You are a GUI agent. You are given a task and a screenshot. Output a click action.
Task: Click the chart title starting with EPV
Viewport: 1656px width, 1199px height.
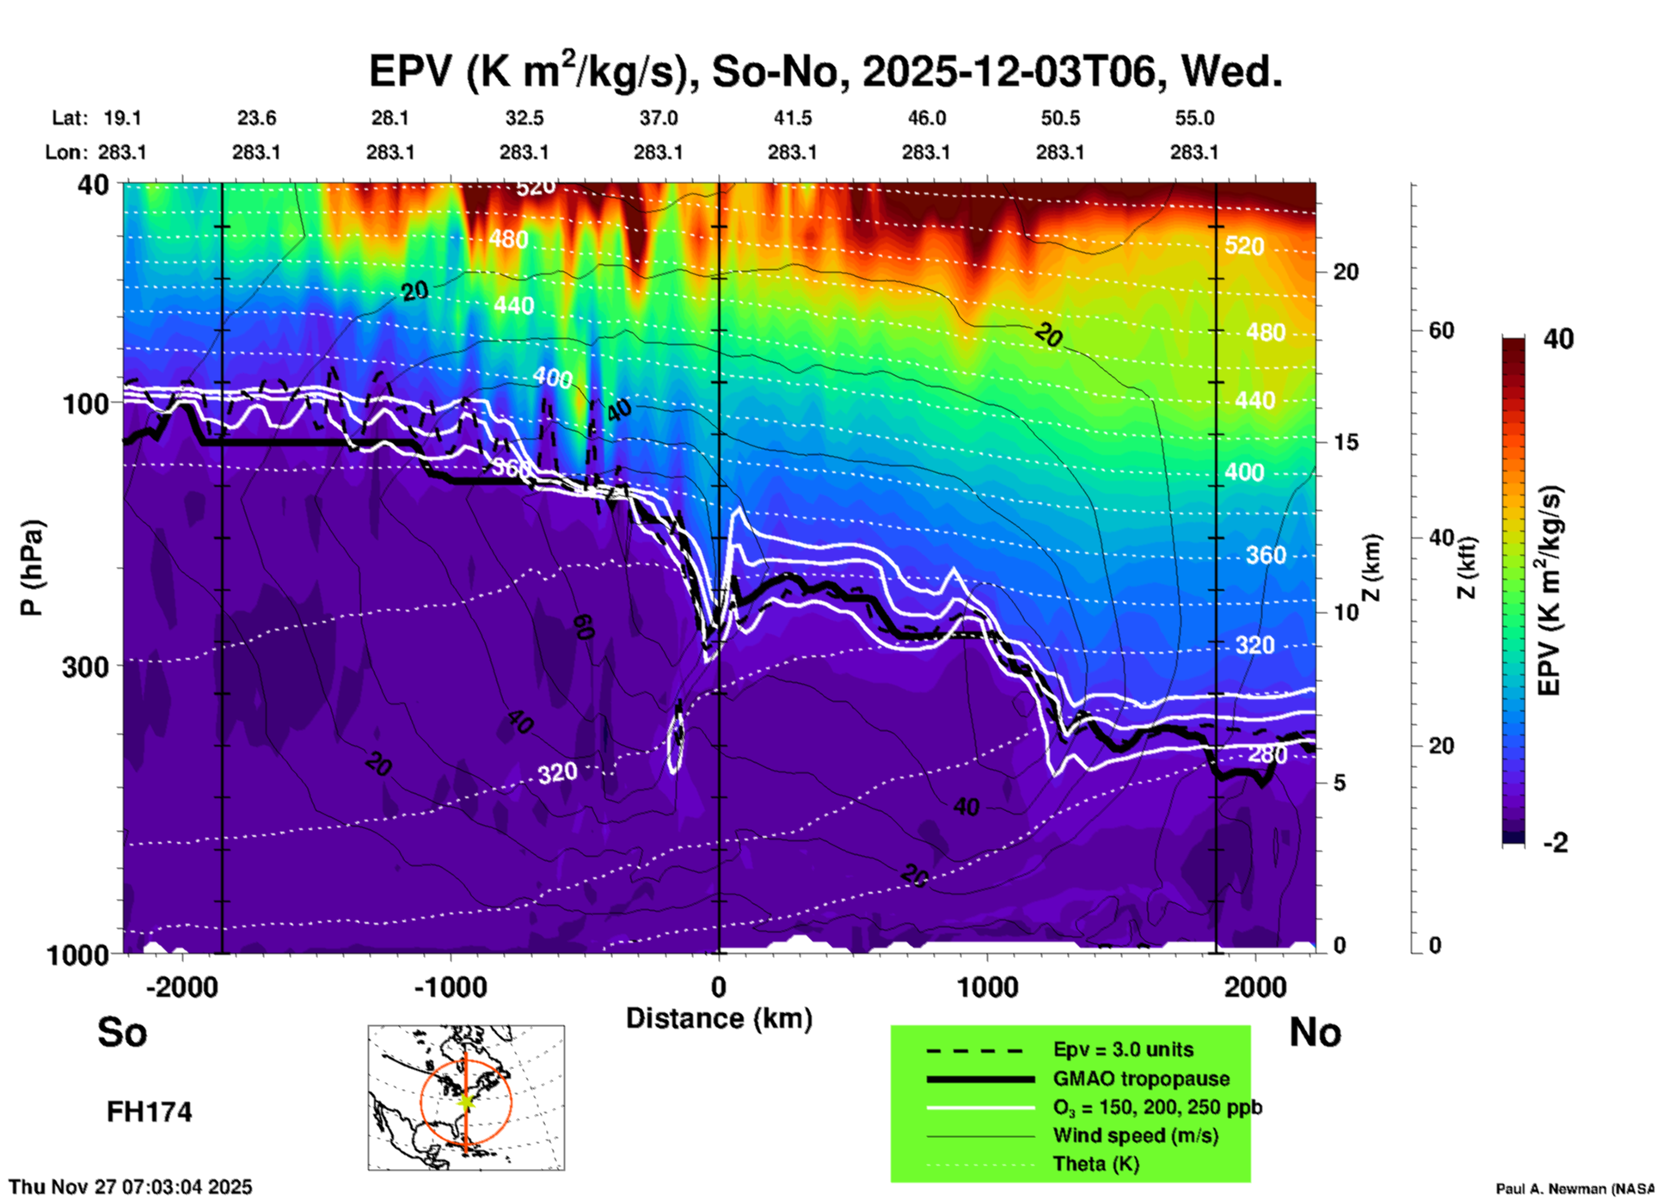point(825,71)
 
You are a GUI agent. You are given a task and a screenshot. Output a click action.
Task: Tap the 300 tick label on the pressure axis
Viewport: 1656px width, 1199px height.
point(85,667)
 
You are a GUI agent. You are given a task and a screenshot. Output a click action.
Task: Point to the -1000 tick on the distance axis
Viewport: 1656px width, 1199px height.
point(451,987)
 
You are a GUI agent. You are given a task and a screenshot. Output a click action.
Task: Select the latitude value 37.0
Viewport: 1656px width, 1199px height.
point(658,118)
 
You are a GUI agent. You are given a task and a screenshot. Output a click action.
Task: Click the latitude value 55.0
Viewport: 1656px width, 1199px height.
point(1194,118)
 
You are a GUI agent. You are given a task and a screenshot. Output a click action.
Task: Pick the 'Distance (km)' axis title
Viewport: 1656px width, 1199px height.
point(719,1018)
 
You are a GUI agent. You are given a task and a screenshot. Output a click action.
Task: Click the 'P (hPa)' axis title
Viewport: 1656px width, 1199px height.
point(32,568)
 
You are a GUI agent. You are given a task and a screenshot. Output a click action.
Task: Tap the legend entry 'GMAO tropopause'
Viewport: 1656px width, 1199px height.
point(1141,1079)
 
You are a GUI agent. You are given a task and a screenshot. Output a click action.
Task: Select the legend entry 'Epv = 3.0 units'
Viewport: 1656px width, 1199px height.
point(1123,1049)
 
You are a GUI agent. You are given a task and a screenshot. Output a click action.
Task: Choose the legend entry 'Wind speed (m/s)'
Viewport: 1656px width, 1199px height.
point(1135,1135)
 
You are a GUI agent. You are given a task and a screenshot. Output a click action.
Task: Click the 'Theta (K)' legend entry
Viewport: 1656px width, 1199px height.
point(1095,1164)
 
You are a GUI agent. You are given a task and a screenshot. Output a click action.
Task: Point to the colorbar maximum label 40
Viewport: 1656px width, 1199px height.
point(1558,339)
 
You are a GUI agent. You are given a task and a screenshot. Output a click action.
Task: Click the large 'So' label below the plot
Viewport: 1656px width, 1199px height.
point(122,1032)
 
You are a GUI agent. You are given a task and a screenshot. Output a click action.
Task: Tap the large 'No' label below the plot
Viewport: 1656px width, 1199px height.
point(1315,1032)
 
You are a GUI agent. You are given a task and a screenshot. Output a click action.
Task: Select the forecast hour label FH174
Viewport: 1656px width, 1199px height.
point(149,1112)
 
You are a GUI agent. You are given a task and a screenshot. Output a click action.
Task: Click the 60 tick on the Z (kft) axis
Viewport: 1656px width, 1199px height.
point(1441,330)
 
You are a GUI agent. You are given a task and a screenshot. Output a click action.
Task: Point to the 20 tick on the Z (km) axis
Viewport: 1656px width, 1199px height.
point(1346,272)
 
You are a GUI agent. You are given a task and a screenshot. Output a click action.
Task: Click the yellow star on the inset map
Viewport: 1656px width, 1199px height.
point(465,1100)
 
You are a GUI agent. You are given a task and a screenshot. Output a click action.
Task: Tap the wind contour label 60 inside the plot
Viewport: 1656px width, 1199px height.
point(585,627)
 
